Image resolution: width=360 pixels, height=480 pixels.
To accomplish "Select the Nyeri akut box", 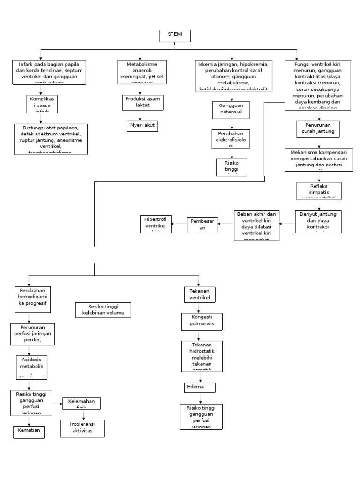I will coord(143,126).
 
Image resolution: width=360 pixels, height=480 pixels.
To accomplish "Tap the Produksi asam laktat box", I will coord(143,102).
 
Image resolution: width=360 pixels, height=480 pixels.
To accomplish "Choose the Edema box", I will coord(200,387).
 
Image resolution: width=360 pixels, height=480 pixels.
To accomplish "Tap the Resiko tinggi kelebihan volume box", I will coord(103,309).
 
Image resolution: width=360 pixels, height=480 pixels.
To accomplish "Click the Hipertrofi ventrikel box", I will coord(156,224).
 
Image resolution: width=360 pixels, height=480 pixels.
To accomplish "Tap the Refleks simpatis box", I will coord(318,190).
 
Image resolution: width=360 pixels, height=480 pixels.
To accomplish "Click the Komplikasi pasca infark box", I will coord(42,103).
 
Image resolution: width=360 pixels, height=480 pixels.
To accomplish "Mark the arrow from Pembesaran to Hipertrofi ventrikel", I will coord(180,224).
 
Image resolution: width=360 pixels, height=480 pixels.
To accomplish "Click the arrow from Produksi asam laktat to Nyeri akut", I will coord(140,115).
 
